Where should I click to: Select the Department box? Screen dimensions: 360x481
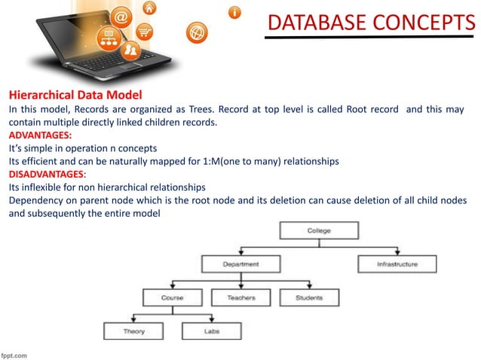tap(240, 264)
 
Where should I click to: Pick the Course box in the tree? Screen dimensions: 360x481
tap(172, 298)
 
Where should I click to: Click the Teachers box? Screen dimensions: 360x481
tap(240, 298)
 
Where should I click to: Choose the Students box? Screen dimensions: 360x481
tap(309, 298)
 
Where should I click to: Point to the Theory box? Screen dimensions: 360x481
tap(134, 331)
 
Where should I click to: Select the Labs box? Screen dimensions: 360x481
tap(212, 331)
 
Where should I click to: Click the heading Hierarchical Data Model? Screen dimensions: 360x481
tap(75, 96)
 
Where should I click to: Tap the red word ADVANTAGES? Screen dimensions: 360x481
tap(40, 135)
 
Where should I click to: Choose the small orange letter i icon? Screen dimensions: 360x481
tap(236, 12)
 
